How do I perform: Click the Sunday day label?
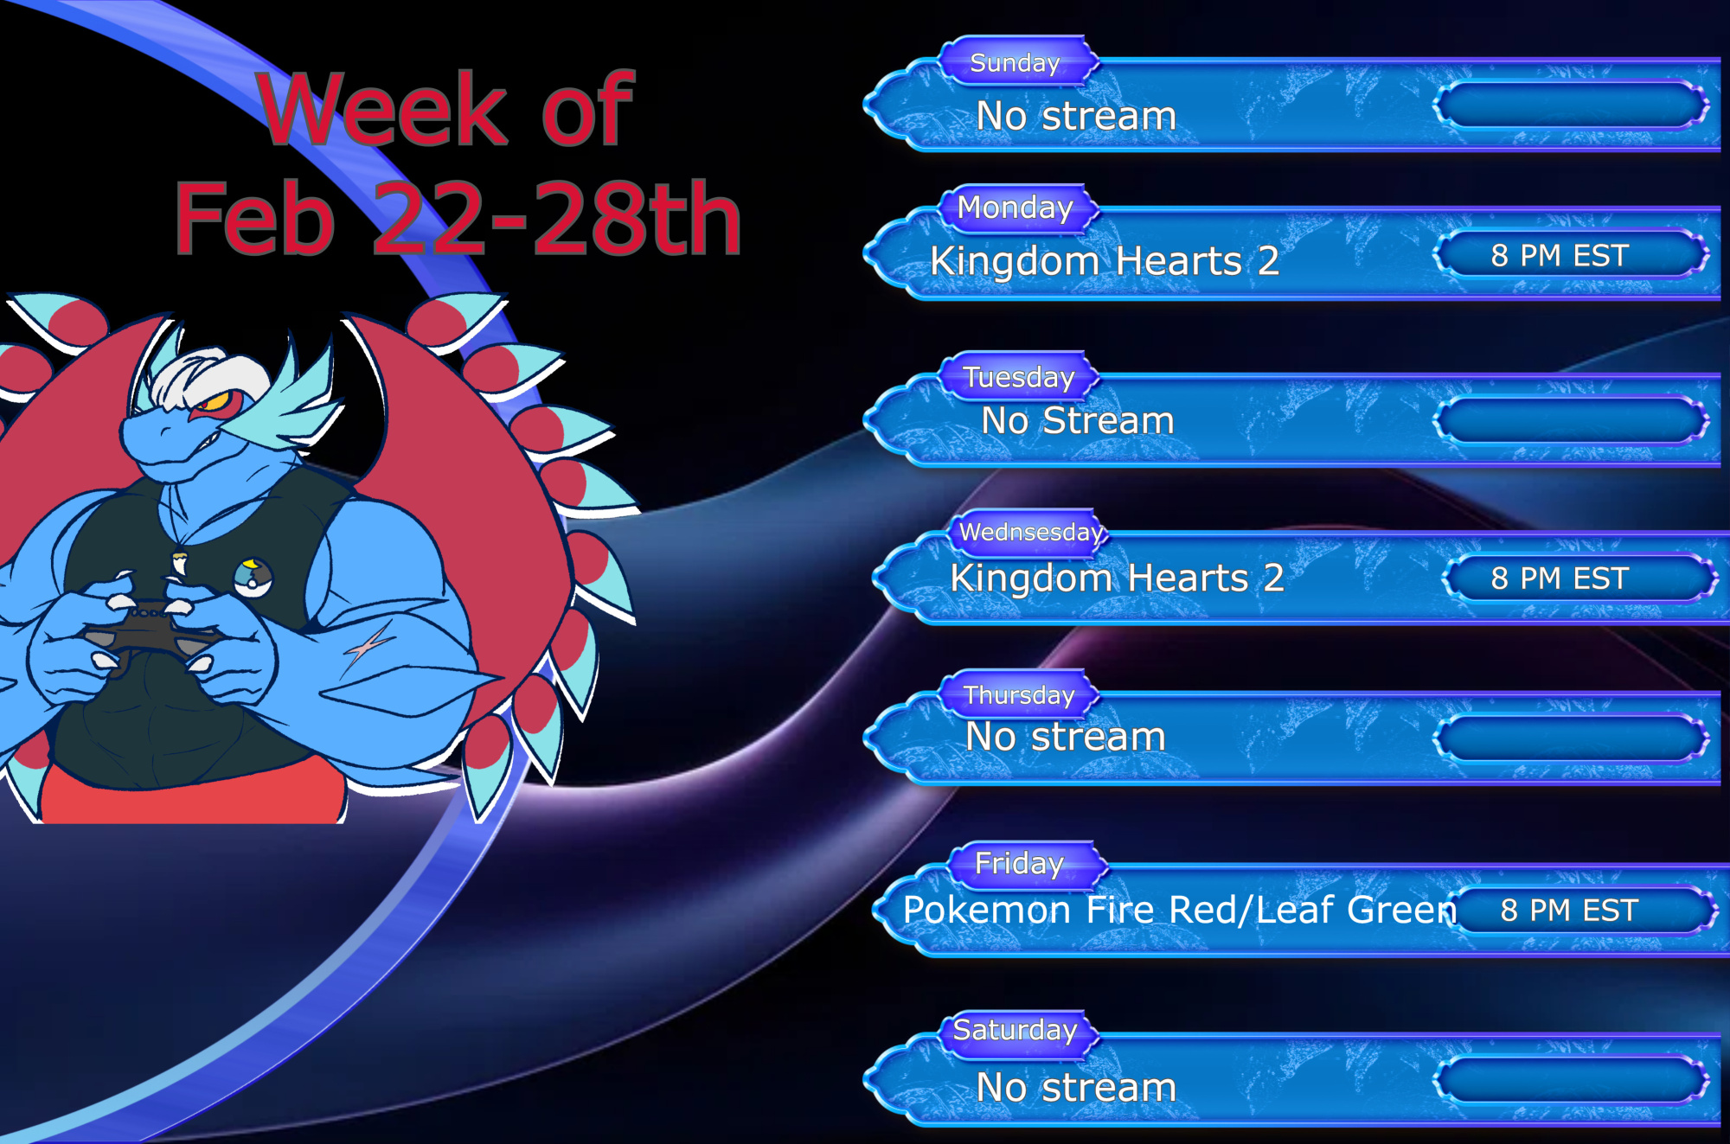[1015, 63]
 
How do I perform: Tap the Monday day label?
[1015, 208]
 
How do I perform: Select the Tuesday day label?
[1019, 377]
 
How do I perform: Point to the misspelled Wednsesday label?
[1031, 532]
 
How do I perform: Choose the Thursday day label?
[1019, 695]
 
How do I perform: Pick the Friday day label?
[1019, 863]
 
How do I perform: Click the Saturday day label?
[1015, 1030]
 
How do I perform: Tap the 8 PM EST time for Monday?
[1560, 256]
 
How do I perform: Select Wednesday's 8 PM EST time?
[1560, 578]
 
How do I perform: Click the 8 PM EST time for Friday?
[1569, 911]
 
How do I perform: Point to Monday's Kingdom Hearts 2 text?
[1105, 261]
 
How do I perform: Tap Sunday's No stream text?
[1076, 116]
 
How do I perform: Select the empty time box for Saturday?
[1570, 1080]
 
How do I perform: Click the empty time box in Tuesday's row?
[1570, 421]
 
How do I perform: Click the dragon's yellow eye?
[215, 402]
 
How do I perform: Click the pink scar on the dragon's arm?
[368, 647]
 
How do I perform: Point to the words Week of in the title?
[446, 109]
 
